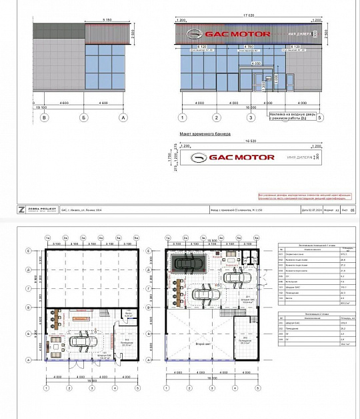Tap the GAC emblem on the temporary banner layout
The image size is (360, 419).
pos(201,157)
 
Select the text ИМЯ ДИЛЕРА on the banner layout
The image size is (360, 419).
pos(298,157)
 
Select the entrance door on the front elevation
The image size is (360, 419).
pos(257,83)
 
